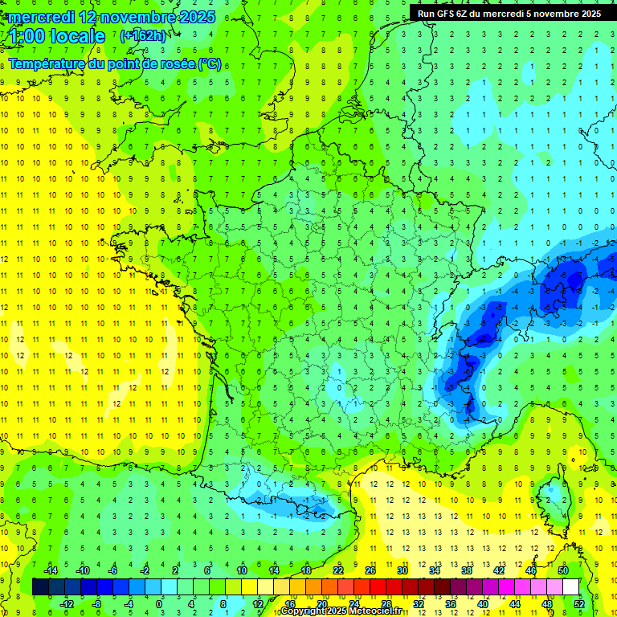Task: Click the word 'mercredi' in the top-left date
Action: coord(41,17)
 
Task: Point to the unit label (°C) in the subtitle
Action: coord(210,63)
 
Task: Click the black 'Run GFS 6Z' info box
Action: coord(509,13)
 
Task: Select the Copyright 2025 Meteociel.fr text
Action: coord(341,611)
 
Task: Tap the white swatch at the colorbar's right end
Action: coord(571,586)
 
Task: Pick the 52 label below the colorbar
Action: coord(579,603)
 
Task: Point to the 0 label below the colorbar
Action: coord(158,603)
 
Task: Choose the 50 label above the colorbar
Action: coord(563,570)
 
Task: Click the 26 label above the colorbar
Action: coord(370,570)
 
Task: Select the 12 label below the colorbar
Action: coord(258,603)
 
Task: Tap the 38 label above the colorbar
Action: coord(467,570)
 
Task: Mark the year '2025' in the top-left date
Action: coord(192,17)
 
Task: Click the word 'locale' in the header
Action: coord(77,36)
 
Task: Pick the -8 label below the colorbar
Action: coord(97,603)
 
